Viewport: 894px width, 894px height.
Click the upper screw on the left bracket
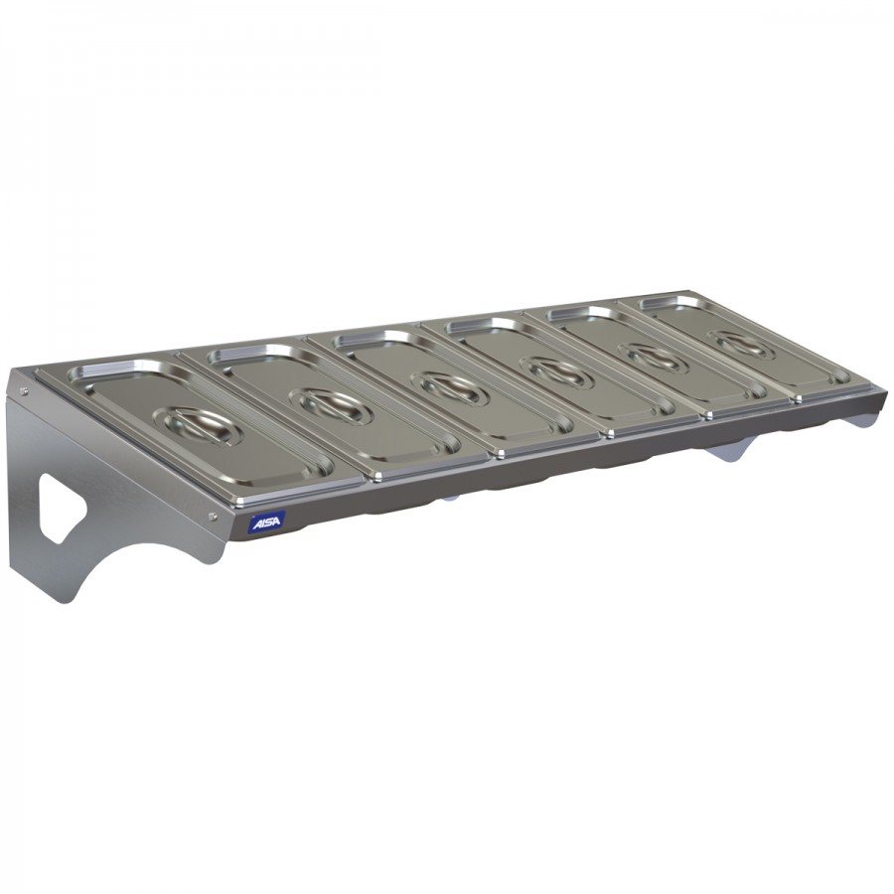click(24, 391)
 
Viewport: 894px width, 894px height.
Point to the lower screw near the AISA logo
click(214, 517)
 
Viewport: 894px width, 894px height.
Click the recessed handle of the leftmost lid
click(203, 426)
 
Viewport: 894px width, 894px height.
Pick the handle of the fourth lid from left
click(558, 372)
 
